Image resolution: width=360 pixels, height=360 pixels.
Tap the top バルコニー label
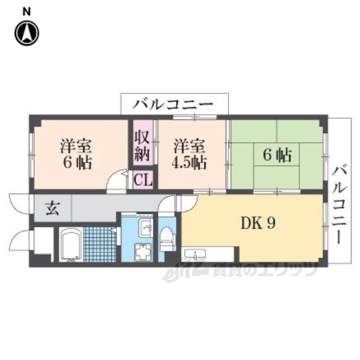[x=173, y=105]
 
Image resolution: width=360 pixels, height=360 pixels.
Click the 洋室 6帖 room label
[x=76, y=154]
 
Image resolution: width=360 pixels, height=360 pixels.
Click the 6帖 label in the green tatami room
[x=277, y=155]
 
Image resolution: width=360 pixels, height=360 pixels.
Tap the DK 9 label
[x=258, y=224]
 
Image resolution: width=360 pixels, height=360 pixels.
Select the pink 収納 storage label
[x=142, y=145]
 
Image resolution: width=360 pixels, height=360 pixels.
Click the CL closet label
[x=142, y=181]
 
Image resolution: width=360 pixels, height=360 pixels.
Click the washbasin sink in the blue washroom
[x=145, y=227]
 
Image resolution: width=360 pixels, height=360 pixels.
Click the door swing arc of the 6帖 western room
[x=116, y=181]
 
